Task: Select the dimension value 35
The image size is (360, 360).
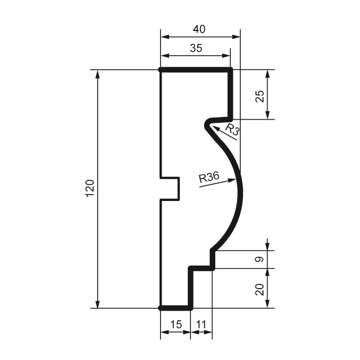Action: point(195,48)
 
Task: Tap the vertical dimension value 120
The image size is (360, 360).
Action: point(89,188)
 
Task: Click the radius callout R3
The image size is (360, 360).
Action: point(232,130)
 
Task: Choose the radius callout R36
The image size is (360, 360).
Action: point(209,177)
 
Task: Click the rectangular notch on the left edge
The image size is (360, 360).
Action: point(171,188)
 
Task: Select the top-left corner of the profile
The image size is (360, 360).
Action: point(161,69)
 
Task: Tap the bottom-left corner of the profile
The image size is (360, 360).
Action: point(161,308)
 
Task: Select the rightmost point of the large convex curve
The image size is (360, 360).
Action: point(242,189)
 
